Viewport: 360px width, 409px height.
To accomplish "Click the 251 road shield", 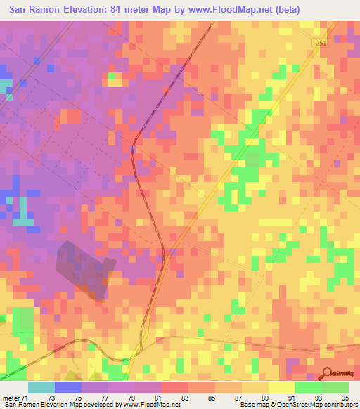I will tap(320, 44).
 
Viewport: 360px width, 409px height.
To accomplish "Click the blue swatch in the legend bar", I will tap(67, 387).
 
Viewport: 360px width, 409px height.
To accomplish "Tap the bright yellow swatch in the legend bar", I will tap(281, 387).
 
